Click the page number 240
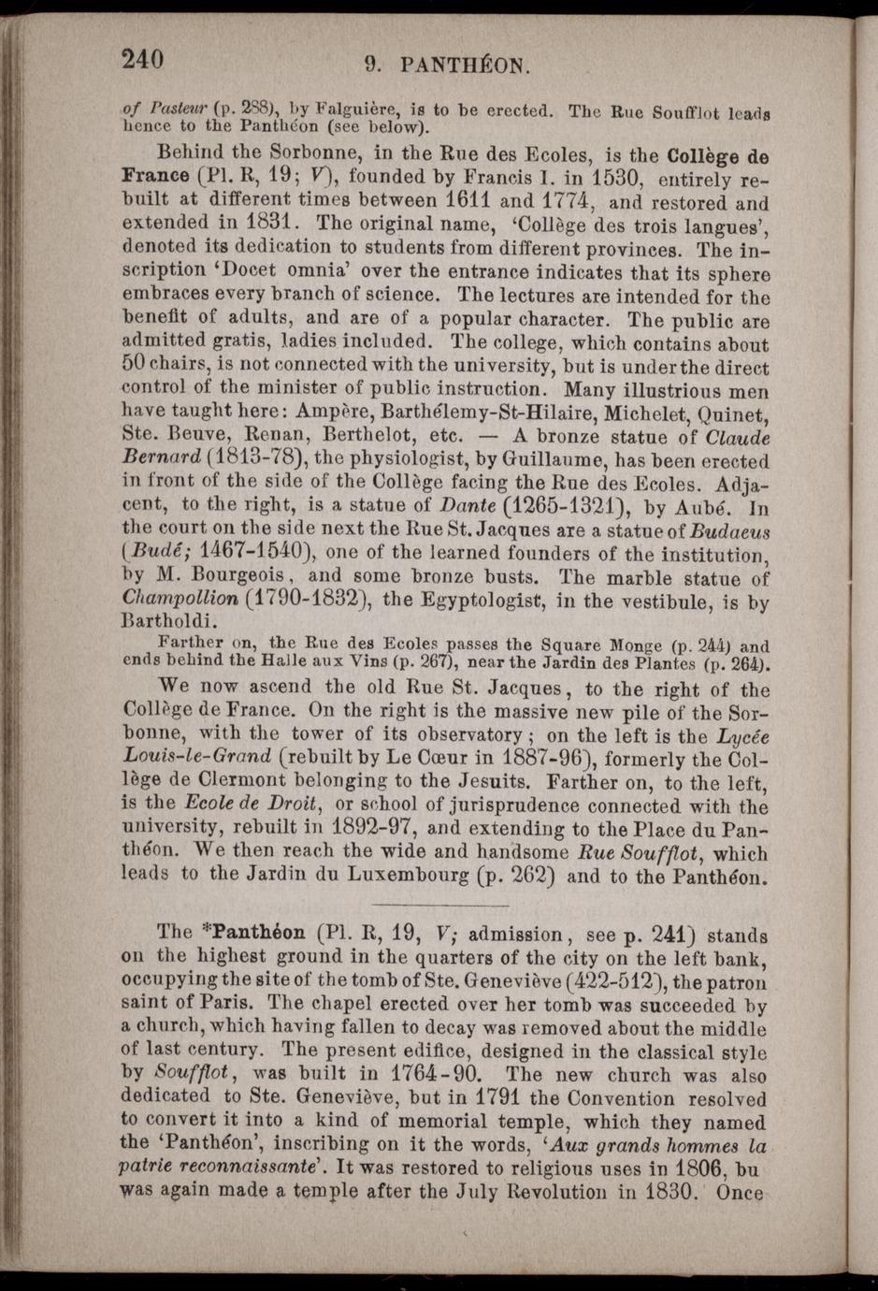[142, 59]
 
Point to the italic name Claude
[737, 437]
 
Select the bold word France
[156, 176]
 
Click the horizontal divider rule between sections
[439, 905]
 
